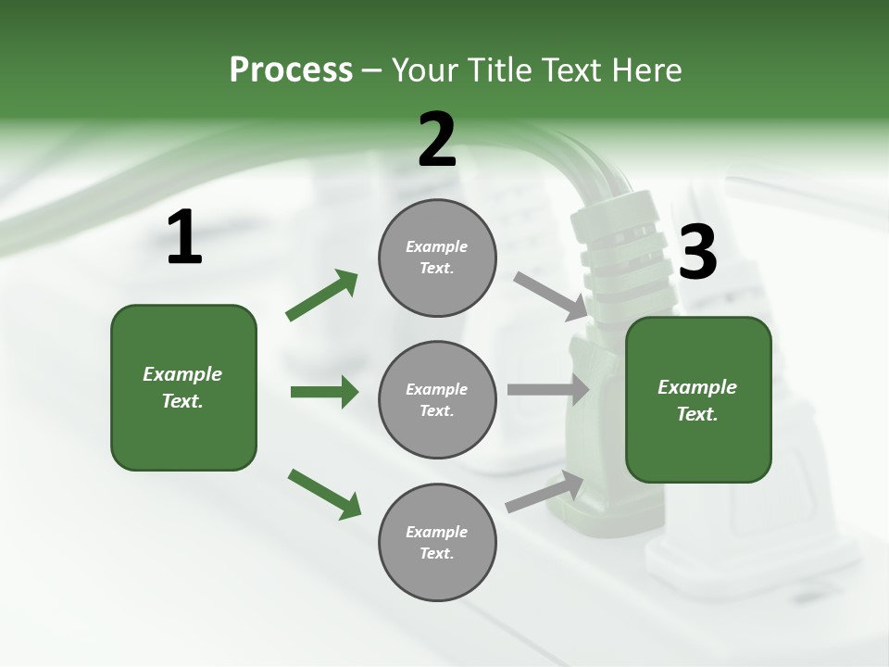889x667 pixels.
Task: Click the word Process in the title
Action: click(x=291, y=70)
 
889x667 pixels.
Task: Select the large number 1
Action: click(x=184, y=238)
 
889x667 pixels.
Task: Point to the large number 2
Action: click(x=437, y=140)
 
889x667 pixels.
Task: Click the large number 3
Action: click(x=697, y=252)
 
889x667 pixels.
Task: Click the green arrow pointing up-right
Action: click(x=322, y=296)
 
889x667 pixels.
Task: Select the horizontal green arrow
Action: click(x=324, y=392)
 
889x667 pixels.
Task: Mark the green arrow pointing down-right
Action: click(x=324, y=494)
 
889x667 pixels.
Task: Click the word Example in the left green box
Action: click(x=182, y=374)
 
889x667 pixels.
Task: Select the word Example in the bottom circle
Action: click(x=436, y=532)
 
